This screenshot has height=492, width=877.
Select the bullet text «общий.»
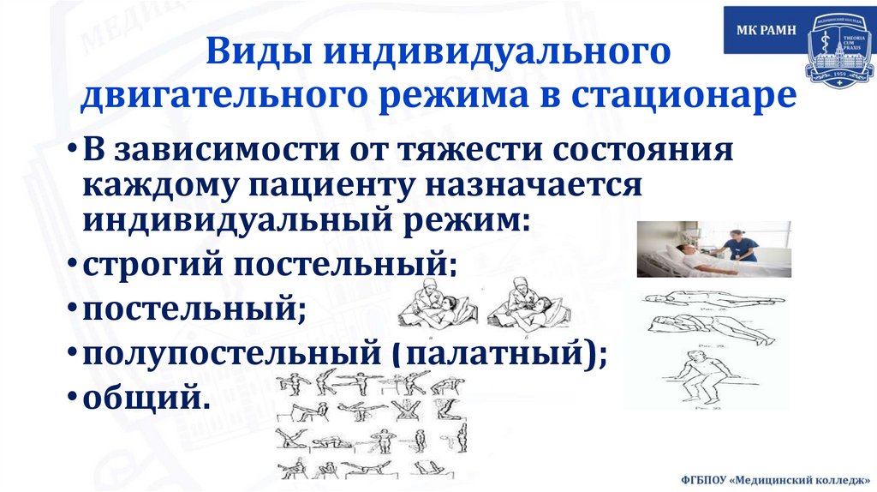(145, 396)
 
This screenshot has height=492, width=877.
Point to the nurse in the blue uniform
(738, 244)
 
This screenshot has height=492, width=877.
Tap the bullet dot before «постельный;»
(73, 307)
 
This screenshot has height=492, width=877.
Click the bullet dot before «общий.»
(73, 396)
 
